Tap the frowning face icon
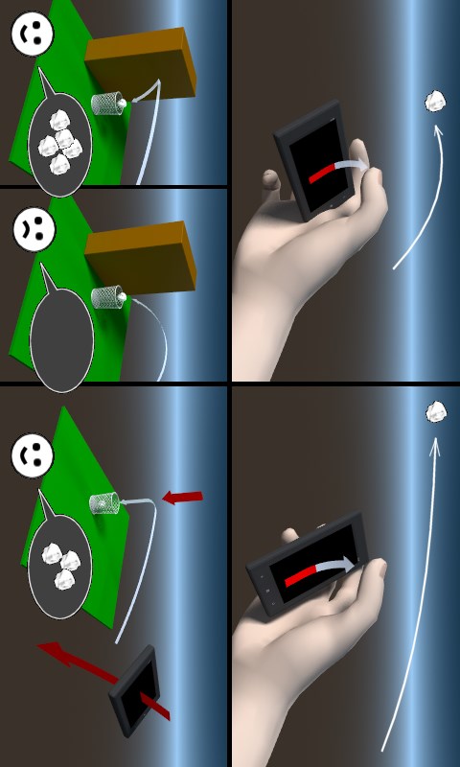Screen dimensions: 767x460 32,230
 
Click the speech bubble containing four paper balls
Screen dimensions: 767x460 59,144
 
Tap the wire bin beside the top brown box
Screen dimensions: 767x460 108,103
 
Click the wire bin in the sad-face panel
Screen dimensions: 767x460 107,297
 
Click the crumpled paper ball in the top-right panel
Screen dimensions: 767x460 436,101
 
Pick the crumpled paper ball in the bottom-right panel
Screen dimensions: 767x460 436,412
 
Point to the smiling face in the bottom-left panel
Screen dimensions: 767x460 32,456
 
